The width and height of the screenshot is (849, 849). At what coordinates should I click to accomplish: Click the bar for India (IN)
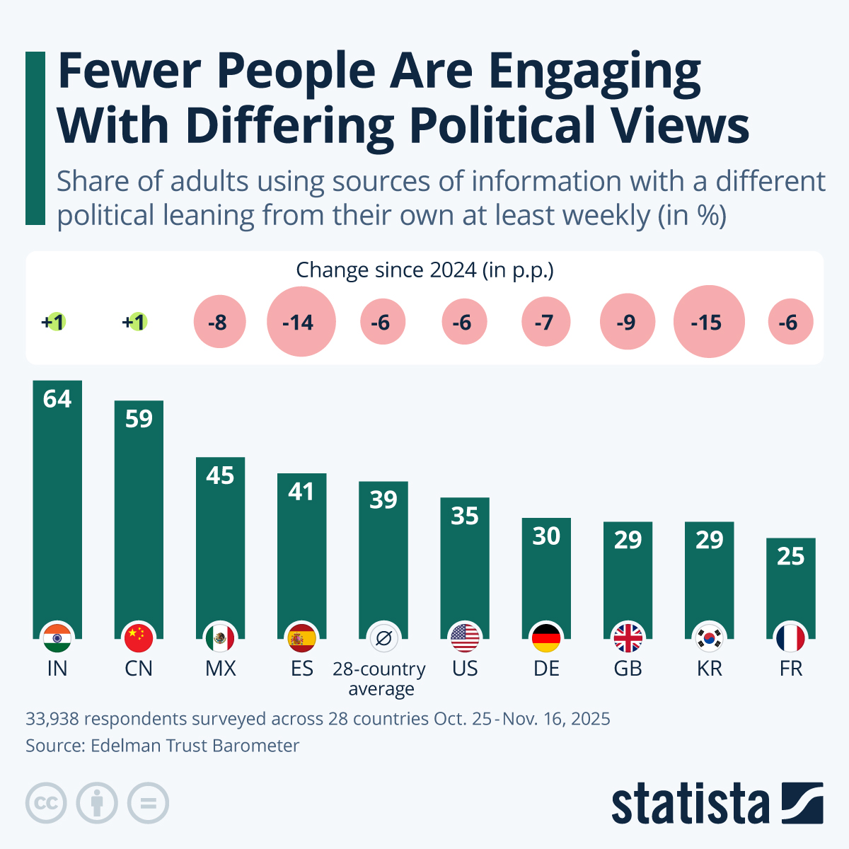point(57,509)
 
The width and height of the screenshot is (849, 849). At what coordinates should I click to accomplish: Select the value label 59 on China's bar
point(139,419)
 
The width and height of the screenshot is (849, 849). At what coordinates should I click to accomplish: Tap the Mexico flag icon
point(220,639)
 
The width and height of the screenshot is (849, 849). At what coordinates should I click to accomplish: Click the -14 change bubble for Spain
point(301,323)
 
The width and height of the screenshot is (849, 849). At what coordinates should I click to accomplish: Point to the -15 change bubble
point(708,323)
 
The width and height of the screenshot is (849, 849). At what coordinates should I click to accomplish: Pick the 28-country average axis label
point(380,678)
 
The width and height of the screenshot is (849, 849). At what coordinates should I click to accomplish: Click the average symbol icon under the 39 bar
point(383,639)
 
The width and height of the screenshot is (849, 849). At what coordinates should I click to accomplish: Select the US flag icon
point(465,639)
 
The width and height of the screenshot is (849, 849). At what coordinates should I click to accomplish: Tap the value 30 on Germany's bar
point(546,536)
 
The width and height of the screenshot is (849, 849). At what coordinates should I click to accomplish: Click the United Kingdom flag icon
point(628,639)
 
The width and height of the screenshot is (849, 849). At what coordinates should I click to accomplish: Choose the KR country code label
point(709,669)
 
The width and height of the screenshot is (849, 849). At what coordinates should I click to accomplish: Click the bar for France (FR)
point(790,587)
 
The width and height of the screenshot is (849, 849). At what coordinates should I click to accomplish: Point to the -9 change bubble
point(627,323)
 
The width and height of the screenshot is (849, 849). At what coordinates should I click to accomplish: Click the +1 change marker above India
point(54,323)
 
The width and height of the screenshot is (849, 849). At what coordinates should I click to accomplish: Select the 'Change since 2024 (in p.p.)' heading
point(424,270)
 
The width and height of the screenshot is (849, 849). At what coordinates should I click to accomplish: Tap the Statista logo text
point(690,804)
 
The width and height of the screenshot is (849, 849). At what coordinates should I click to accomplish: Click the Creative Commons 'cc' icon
point(46,804)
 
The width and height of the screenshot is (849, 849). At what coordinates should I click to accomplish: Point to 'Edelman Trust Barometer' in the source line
point(195,746)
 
